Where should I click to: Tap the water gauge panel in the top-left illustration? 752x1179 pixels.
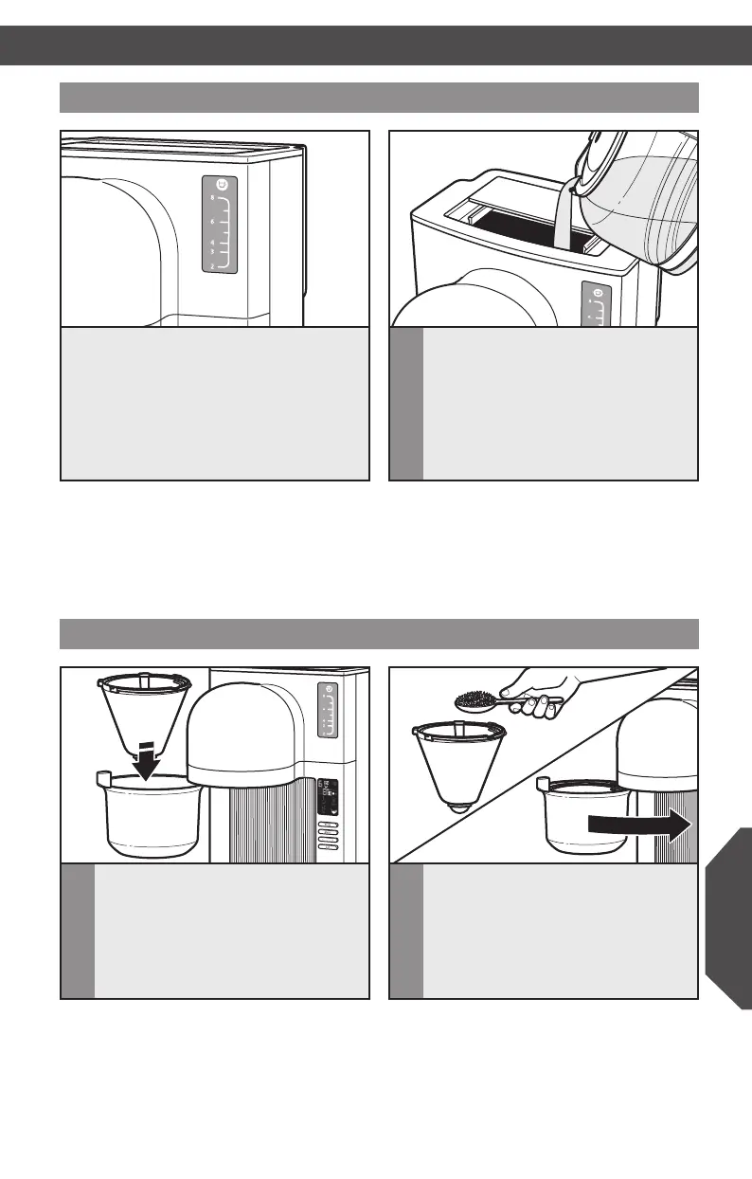218,228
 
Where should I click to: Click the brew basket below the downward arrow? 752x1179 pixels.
152,815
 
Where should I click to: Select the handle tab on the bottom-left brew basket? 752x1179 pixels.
103,780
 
